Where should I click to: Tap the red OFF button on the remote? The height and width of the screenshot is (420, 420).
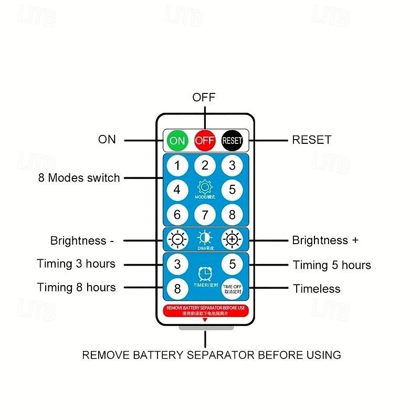(205, 140)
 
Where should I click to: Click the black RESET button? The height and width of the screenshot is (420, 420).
(232, 140)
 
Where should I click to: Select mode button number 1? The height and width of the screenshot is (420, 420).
(177, 166)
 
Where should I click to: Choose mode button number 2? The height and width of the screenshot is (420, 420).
(205, 166)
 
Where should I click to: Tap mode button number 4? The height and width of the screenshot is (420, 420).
(177, 190)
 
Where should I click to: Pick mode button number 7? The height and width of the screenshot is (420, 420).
(205, 214)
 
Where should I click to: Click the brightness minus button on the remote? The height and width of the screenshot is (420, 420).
(177, 240)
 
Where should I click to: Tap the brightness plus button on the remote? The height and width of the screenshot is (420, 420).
(232, 240)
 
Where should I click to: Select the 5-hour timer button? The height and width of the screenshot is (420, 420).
(232, 264)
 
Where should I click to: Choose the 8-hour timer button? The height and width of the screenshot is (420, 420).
(177, 289)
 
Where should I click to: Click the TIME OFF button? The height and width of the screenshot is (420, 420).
(232, 289)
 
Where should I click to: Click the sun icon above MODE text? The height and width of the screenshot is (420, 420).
(205, 186)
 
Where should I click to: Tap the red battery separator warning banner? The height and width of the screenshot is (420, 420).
(205, 310)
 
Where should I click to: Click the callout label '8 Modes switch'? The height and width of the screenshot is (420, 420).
(79, 178)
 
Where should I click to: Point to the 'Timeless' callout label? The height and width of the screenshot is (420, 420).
(317, 289)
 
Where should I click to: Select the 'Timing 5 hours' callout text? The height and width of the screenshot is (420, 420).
(332, 265)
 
